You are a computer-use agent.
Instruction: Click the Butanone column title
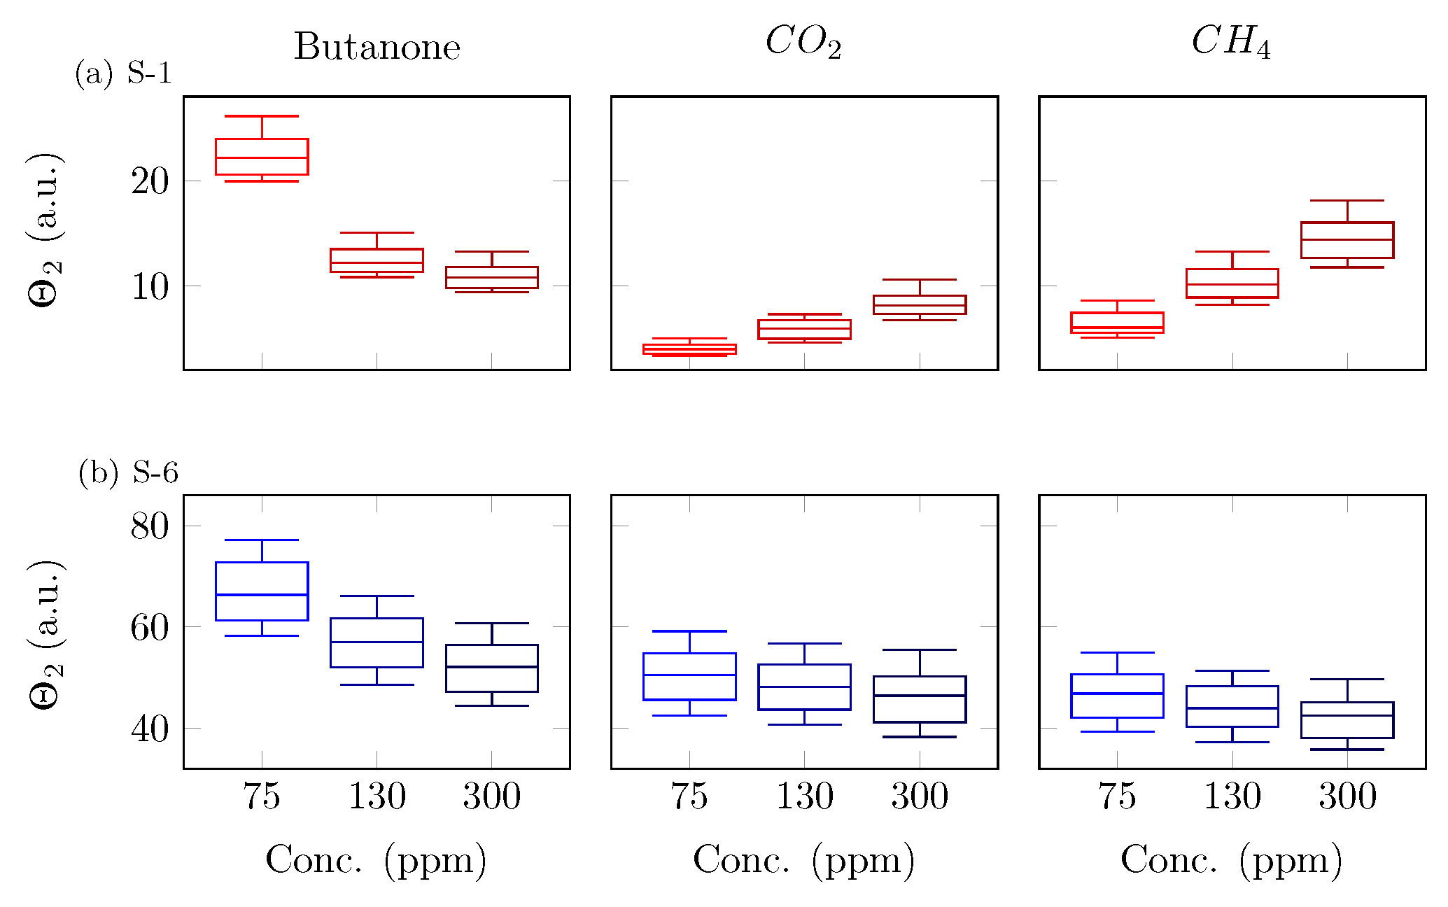pos(377,47)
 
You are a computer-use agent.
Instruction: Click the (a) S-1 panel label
pos(123,73)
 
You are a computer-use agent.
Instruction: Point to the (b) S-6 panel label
pos(128,473)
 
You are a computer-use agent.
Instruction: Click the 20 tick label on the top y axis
pos(150,182)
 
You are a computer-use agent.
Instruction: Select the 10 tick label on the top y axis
pos(150,287)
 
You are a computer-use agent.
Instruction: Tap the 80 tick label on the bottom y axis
pos(150,526)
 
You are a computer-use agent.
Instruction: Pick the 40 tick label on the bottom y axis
pos(150,729)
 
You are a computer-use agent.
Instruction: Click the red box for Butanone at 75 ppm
pos(262,157)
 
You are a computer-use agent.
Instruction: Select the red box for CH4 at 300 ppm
pos(1347,240)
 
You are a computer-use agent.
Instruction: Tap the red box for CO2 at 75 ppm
pos(689,349)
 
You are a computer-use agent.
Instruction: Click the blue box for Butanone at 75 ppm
pos(262,591)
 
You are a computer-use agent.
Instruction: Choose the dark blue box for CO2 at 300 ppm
pos(920,699)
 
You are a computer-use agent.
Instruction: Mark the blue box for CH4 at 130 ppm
pos(1232,706)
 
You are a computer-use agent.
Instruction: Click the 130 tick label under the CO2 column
pos(805,796)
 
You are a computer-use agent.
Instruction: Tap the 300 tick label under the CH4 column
pos(1347,796)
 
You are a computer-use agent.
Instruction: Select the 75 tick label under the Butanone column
pos(262,796)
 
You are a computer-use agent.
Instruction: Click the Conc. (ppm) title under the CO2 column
pos(803,860)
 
